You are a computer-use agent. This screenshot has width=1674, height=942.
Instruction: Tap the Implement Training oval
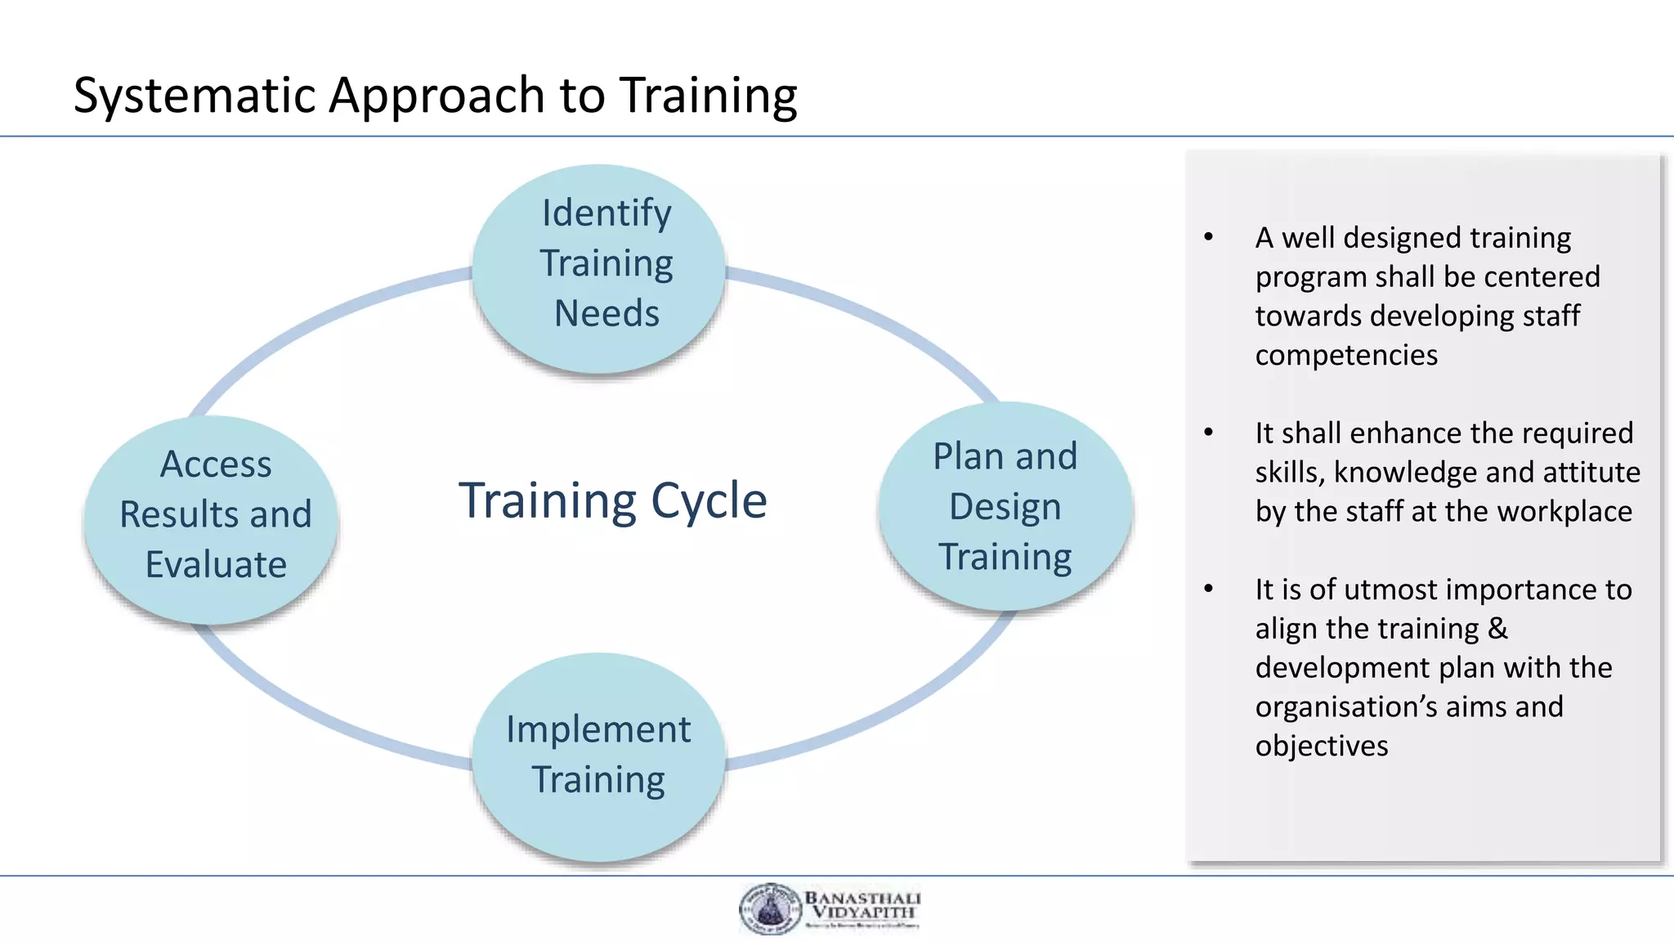click(x=598, y=756)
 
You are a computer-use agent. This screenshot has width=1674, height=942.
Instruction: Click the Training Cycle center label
click(x=613, y=500)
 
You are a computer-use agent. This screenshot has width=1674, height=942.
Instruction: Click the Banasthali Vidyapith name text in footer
click(x=862, y=904)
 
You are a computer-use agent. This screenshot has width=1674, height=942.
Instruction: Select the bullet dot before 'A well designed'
click(x=1209, y=237)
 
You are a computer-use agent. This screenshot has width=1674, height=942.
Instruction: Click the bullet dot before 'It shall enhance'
click(x=1209, y=433)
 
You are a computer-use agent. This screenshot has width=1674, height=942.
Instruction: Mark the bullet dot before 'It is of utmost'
click(x=1209, y=589)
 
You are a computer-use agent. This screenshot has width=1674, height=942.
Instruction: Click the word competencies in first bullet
click(x=1346, y=356)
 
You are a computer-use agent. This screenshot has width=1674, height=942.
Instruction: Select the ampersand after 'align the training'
click(x=1497, y=629)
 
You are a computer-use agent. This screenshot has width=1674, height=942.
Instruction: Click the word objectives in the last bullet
click(x=1322, y=747)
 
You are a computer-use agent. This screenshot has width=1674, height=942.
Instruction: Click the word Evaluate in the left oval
click(x=216, y=565)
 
